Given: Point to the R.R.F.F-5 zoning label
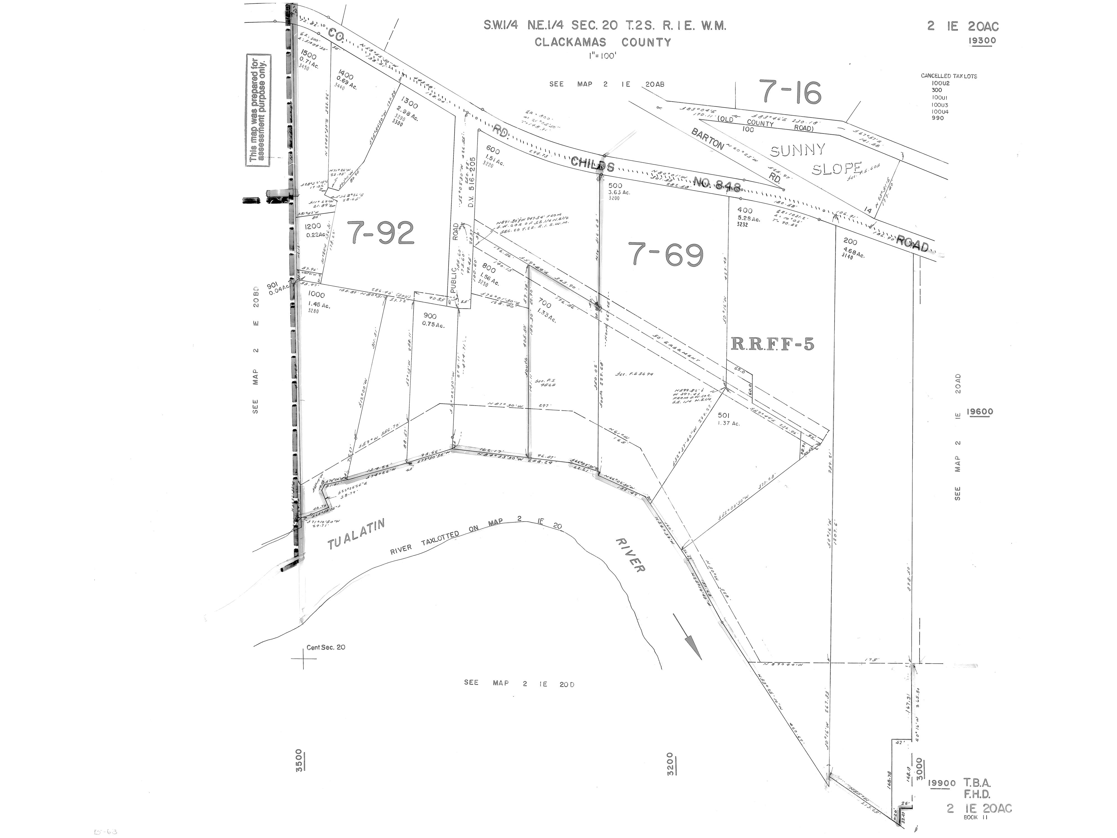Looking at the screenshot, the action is [x=772, y=344].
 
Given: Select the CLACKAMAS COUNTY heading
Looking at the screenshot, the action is [x=603, y=42].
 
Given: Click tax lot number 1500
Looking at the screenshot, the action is [x=308, y=53].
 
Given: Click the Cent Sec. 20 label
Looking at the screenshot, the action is [x=326, y=647].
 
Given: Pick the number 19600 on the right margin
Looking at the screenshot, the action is [x=980, y=412].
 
